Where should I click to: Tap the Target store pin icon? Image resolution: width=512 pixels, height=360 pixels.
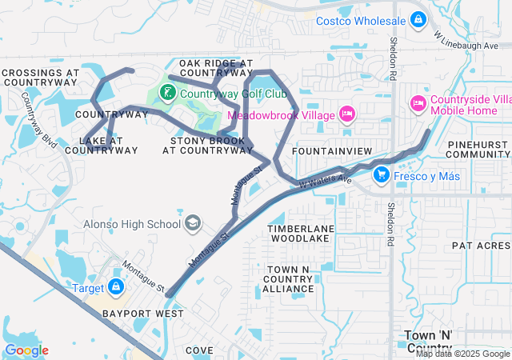tap(116, 286)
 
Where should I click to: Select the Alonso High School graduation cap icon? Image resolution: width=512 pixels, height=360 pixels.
tap(193, 224)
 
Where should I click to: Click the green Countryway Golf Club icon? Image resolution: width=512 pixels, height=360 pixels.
tap(167, 94)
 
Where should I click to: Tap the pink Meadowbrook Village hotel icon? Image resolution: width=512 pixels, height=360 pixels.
tap(346, 115)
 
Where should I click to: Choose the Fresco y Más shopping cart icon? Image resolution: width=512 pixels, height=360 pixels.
tap(382, 174)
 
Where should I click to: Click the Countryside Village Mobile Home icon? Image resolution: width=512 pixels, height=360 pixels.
tap(417, 104)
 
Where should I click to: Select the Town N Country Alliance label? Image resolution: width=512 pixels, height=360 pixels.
tap(287, 278)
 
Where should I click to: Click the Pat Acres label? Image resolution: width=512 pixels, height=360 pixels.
tap(481, 246)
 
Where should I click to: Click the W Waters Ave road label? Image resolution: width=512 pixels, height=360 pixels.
tap(326, 181)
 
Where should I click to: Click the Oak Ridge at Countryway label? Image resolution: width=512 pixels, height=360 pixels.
tap(215, 67)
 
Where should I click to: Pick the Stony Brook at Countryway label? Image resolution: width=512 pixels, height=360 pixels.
tap(207, 145)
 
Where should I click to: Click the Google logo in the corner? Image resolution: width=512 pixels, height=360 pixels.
tap(26, 350)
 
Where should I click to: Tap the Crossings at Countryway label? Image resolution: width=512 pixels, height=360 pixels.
tap(40, 77)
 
